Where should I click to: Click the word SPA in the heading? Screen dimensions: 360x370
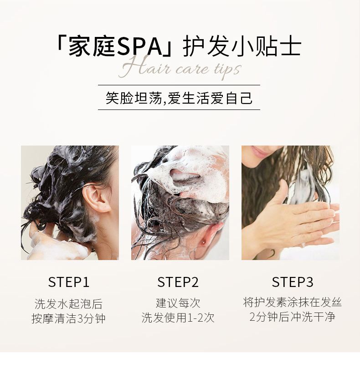pos(139,47)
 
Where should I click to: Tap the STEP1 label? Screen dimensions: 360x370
pos(69,282)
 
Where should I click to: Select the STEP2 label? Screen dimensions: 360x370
pos(178,282)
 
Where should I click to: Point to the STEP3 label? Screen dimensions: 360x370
pos(293,282)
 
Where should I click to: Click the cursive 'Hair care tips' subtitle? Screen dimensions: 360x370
pos(180,68)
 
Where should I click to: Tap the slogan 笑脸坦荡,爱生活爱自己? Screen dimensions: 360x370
pos(179,98)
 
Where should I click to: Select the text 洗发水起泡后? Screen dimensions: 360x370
pos(69,304)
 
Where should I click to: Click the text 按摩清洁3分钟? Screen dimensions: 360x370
pos(69,318)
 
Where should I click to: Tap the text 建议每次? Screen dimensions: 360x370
pos(178,303)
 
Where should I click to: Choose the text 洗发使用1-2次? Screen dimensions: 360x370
pos(178,318)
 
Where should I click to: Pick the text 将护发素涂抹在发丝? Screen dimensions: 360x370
pos(293,302)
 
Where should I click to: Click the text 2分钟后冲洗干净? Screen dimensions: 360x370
pos(293,317)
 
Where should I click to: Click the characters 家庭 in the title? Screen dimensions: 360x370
pos(92,47)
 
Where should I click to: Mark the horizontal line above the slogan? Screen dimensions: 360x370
pos(179,85)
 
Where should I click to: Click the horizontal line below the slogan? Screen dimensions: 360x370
pos(179,110)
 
